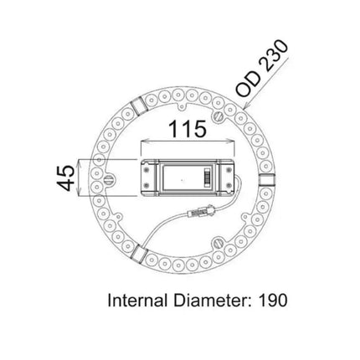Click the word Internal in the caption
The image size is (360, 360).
coord(138,298)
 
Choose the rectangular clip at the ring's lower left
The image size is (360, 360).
coord(141,248)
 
